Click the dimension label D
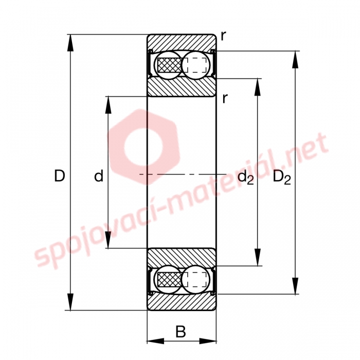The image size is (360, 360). pyautogui.click(x=60, y=176)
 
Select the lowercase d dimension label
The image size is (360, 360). pyautogui.click(x=99, y=176)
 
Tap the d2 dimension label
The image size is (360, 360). pyautogui.click(x=246, y=177)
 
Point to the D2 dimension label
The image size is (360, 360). pyautogui.click(x=282, y=178)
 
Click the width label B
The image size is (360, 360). pyautogui.click(x=181, y=331)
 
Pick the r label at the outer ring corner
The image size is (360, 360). pyautogui.click(x=223, y=36)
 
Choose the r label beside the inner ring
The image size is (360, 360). pyautogui.click(x=225, y=99)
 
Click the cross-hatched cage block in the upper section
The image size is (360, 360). pyautogui.click(x=169, y=65)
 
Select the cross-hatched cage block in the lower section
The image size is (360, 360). pyautogui.click(x=169, y=279)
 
